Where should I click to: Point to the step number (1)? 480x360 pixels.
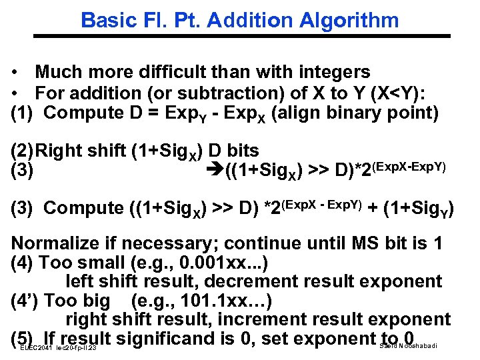[x=25, y=113]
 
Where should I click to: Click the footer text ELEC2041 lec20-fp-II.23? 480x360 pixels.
[x=59, y=348]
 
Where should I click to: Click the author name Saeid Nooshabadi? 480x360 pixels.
[x=408, y=345]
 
